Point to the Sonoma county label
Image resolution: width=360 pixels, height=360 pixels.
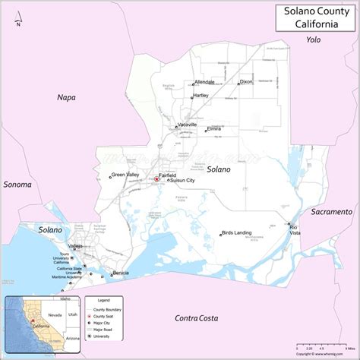pos(17,185)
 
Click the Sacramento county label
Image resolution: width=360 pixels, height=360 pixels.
pos(330,211)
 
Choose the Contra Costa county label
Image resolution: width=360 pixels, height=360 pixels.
pos(197,318)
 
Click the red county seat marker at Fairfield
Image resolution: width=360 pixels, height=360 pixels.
pos(156,180)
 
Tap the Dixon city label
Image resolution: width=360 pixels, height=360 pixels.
pos(246,81)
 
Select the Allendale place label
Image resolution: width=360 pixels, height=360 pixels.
pos(204,81)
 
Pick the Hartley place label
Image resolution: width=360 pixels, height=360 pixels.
pos(201,96)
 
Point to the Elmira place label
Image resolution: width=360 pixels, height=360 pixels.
pos(213,129)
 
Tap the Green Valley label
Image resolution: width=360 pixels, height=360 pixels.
pos(125,175)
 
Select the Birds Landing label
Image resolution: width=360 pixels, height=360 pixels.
pos(237,232)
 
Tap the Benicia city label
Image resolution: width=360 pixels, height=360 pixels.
pos(121,273)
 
